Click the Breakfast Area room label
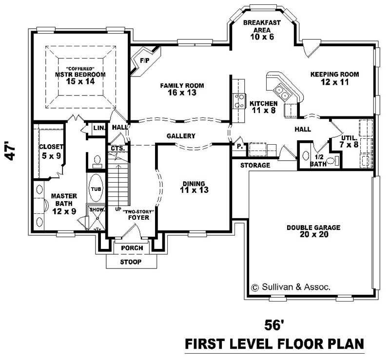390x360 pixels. [261, 30]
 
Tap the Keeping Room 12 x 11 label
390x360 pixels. [334, 78]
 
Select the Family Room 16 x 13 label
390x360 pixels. [182, 89]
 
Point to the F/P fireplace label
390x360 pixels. [144, 61]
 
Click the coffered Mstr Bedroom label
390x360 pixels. [80, 75]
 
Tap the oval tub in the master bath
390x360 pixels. [95, 189]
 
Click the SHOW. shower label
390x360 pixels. [97, 209]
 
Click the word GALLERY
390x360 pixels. [180, 136]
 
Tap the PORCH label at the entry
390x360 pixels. [132, 248]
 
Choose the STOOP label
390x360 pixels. [131, 262]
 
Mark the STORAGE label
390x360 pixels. [255, 166]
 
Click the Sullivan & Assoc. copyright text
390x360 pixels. [291, 287]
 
